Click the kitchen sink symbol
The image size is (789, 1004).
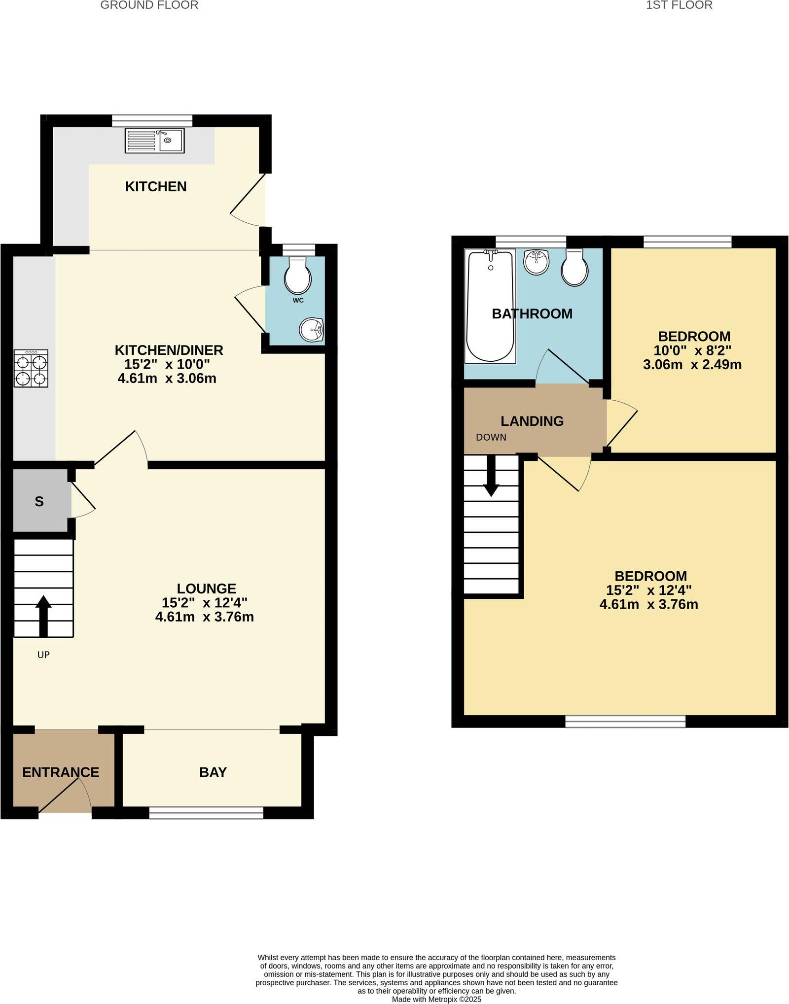154,140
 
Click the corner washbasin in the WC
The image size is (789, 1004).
312,329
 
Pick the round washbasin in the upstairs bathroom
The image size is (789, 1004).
536,262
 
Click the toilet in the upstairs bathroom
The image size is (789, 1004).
574,268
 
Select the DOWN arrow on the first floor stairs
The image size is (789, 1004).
491,476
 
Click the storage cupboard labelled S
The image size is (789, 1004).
39,501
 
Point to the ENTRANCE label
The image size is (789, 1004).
61,772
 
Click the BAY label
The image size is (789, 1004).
213,772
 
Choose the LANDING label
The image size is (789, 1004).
532,421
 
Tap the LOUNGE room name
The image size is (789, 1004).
207,589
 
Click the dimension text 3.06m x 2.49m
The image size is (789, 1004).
692,365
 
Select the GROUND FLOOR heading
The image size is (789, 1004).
149,5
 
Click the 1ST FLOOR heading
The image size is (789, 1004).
679,5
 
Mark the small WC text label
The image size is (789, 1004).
298,300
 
